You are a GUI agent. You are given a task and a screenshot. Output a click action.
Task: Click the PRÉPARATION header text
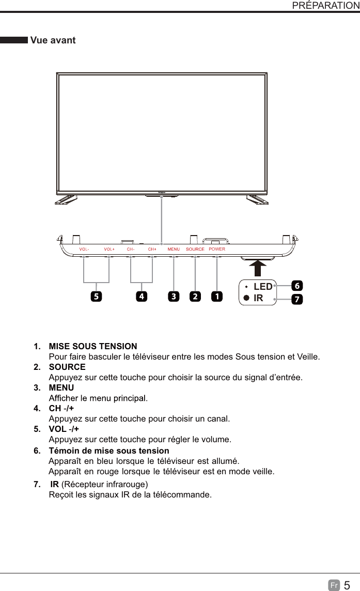pos(325,6)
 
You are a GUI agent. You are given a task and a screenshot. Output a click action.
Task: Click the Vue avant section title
pos(53,40)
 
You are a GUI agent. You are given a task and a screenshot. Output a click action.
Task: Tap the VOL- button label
pos(84,249)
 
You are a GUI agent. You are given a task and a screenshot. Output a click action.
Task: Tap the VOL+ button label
pos(109,249)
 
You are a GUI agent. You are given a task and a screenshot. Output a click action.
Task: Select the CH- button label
pos(131,249)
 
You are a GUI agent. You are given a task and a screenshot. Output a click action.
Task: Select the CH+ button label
pos(152,249)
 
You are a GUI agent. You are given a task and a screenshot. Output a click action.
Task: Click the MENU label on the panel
pos(174,249)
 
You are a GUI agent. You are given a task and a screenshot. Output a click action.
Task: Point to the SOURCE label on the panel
pos(195,249)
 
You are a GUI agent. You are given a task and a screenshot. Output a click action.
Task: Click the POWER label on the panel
pos(217,249)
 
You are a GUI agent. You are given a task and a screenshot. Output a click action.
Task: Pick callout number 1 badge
pos(216,297)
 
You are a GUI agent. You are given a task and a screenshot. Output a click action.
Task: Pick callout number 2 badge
pos(195,297)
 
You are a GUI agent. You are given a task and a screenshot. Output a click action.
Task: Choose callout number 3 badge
pos(174,297)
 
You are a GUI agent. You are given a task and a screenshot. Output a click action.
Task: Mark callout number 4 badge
pos(141,297)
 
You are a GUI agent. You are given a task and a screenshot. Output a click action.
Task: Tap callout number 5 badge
pos(96,297)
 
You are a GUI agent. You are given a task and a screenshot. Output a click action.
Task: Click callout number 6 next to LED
pos(297,286)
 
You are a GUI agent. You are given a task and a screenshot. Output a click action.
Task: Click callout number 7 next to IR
pos(297,300)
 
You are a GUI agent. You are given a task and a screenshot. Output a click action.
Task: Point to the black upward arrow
pos(258,268)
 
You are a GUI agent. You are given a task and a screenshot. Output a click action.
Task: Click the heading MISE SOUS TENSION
pos(93,346)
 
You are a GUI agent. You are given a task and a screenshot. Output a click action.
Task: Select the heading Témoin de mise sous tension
pos(108,451)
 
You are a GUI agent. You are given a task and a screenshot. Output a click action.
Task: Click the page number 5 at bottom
pos(347,585)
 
